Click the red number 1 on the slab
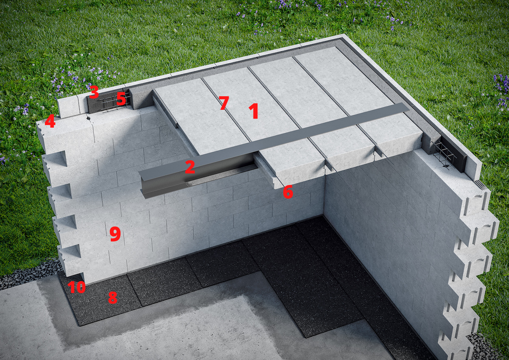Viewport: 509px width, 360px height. [254, 111]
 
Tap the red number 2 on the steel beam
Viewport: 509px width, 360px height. [190, 167]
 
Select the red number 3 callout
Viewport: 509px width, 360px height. [94, 92]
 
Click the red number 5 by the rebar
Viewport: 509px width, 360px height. [121, 99]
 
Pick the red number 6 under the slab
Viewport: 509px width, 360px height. [288, 192]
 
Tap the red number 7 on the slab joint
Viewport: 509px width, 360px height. [224, 103]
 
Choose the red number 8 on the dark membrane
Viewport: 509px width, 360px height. [112, 298]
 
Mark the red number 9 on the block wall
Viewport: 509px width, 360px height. [115, 234]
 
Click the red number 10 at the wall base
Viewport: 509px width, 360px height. [77, 287]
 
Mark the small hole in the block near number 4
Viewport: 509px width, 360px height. [87, 117]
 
